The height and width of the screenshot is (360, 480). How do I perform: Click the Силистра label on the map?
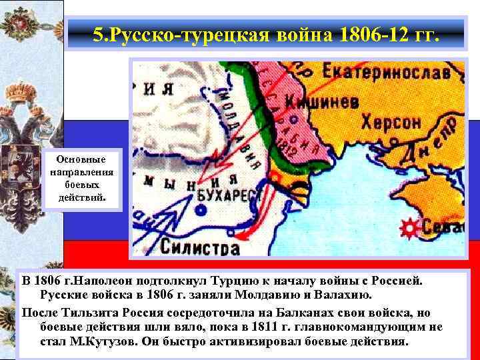[x=199, y=248]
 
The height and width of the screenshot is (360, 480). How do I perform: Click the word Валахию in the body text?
[x=358, y=294]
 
